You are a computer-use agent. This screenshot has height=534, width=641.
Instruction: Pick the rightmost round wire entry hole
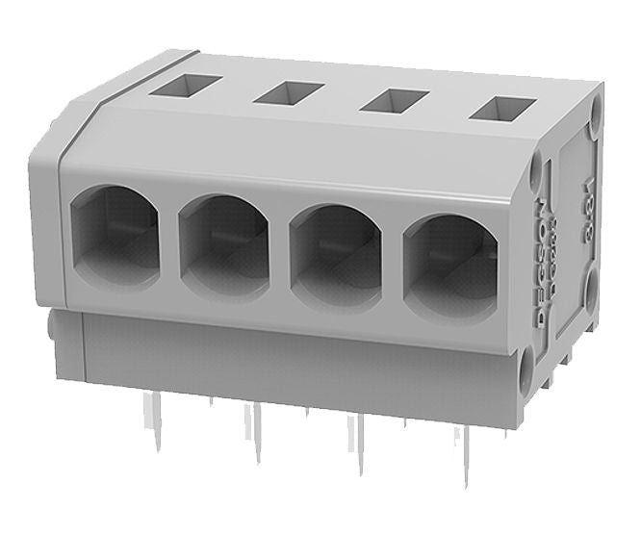coord(449,263)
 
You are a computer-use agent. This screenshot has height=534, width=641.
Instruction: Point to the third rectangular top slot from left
coord(393,100)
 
